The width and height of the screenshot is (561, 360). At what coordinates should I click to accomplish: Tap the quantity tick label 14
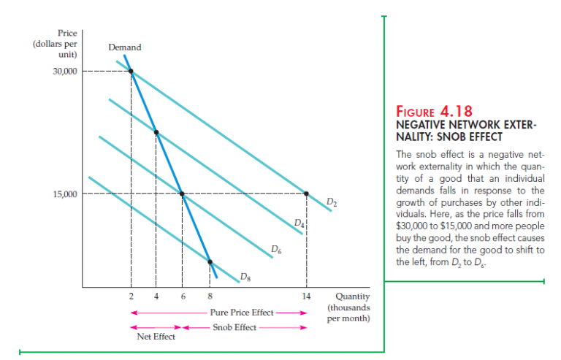(306, 296)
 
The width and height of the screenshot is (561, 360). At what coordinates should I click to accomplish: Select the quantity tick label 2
(131, 296)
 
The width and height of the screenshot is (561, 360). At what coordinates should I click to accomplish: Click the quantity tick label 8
(210, 296)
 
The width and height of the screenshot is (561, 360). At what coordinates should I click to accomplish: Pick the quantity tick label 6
(183, 296)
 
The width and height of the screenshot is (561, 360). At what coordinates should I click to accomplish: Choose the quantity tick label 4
(156, 296)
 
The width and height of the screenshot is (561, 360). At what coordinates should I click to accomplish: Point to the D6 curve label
(275, 250)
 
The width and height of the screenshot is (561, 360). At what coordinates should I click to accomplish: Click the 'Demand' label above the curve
(124, 47)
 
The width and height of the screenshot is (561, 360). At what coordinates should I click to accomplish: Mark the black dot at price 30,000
(131, 71)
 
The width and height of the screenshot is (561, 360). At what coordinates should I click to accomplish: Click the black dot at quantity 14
(306, 194)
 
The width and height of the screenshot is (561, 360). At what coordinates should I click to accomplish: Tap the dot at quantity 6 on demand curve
(183, 194)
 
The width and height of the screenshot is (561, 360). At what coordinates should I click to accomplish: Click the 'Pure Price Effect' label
(241, 312)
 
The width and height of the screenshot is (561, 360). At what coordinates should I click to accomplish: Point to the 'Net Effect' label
(150, 337)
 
